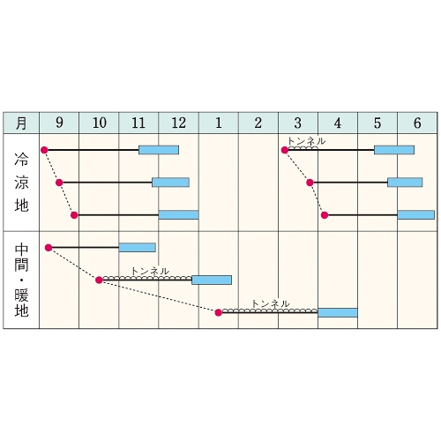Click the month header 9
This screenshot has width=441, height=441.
(59, 123)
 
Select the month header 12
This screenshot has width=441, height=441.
(179, 123)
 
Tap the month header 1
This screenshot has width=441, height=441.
(219, 123)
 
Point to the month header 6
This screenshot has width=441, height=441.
(417, 123)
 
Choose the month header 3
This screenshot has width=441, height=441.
(298, 123)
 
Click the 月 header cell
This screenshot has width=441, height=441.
(21, 123)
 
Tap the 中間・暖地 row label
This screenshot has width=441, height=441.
(21, 280)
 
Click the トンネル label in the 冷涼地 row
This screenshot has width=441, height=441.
(307, 141)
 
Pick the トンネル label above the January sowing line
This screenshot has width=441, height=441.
(271, 303)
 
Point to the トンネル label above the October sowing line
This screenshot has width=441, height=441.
(150, 271)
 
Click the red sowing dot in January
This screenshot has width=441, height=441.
(218, 312)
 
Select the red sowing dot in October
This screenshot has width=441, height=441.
(99, 280)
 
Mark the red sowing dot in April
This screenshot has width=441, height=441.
(325, 215)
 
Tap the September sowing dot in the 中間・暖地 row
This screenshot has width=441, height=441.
(49, 248)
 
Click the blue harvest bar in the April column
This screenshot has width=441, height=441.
(338, 312)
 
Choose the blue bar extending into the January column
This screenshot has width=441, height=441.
(212, 280)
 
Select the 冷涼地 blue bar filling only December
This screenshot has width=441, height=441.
(178, 215)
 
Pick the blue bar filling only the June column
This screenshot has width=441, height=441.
(416, 215)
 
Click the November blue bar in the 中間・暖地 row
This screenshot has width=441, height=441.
(138, 248)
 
